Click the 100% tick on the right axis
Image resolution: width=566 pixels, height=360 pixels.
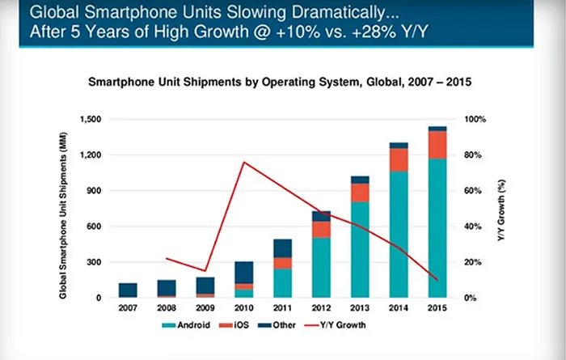[474, 119]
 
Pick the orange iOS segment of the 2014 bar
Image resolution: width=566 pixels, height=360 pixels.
[399, 159]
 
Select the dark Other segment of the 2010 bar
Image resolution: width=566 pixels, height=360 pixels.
[243, 272]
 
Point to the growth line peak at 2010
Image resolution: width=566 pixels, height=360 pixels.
[243, 163]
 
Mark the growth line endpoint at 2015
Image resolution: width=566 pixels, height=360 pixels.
[437, 280]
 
